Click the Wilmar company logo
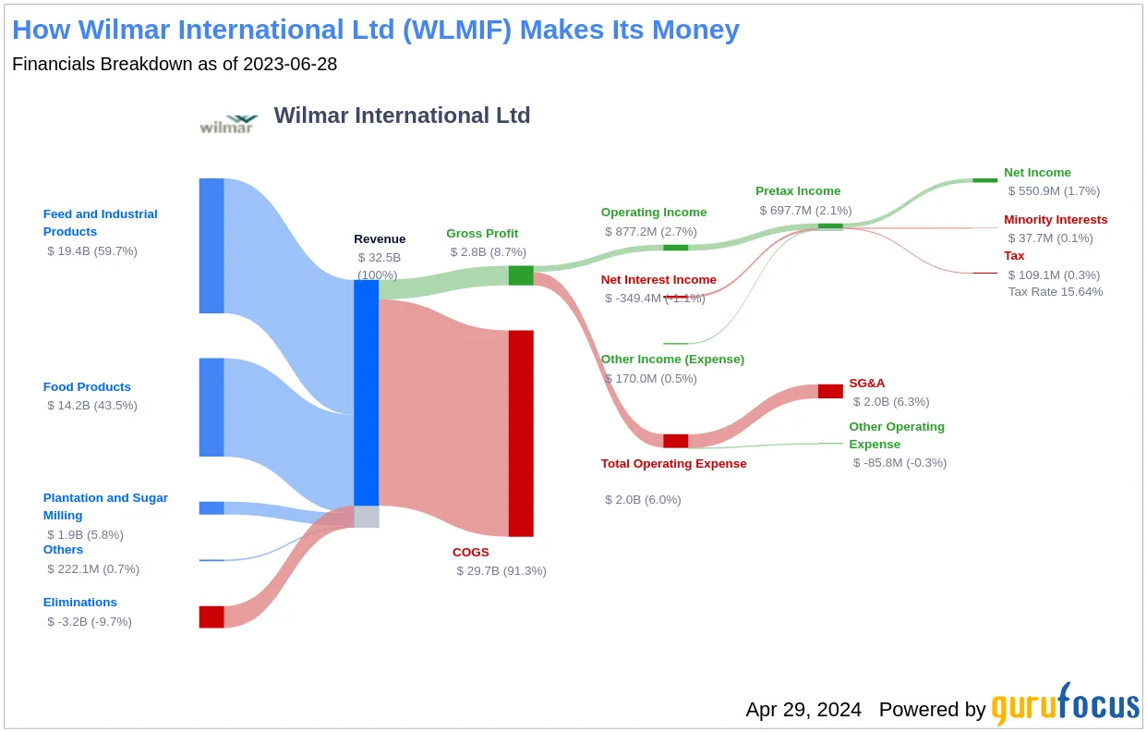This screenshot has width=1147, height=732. [228, 124]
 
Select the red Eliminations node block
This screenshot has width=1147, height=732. [211, 616]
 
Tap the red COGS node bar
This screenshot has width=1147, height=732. [521, 433]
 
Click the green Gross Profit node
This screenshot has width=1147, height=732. [521, 275]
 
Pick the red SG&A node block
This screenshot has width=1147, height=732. [830, 391]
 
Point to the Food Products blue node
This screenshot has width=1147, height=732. [211, 407]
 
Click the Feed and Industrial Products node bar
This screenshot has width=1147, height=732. [211, 246]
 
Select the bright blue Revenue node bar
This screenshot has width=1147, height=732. [366, 393]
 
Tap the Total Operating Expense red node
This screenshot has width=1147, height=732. [675, 441]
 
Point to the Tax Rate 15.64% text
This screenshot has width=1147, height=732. [1056, 292]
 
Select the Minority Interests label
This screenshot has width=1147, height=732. [1056, 219]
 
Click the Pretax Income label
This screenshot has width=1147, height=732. [798, 190]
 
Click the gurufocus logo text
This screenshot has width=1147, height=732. [1065, 705]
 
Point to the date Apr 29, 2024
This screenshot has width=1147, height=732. [803, 710]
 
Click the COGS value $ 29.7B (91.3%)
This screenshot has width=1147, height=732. [501, 571]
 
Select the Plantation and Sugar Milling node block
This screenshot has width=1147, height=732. [211, 508]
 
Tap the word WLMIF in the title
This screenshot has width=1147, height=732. [457, 30]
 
